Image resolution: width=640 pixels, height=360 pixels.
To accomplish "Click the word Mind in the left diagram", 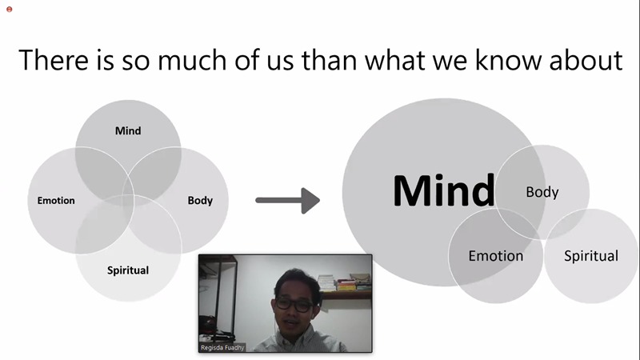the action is click(x=128, y=130).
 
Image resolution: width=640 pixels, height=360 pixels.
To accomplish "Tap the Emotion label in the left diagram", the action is click(x=56, y=201).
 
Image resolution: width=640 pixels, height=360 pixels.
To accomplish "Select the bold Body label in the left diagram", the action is click(x=200, y=201).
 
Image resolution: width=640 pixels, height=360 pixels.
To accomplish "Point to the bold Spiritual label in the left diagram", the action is click(x=128, y=270).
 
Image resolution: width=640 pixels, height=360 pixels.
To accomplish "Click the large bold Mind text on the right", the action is click(x=444, y=190).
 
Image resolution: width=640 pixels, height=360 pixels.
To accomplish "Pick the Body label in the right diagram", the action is click(x=542, y=192).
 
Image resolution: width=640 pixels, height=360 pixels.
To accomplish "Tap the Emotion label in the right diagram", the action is click(x=495, y=256).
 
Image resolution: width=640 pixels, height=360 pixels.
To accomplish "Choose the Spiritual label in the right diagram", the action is click(x=591, y=256).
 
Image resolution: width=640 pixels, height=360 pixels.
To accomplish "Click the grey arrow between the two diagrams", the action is click(x=288, y=201).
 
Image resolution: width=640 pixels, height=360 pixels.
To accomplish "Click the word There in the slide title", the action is click(x=54, y=61).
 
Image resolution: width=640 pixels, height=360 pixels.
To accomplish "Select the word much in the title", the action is click(x=192, y=61).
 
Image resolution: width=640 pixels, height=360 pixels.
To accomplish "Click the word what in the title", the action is click(x=394, y=61).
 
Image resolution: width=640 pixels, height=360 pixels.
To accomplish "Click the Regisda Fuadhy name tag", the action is click(x=222, y=347).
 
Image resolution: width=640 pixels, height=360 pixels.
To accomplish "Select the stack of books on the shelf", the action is click(x=344, y=283).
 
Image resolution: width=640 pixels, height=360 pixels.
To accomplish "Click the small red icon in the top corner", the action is click(x=10, y=10).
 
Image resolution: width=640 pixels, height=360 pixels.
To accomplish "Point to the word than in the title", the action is click(x=330, y=61).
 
